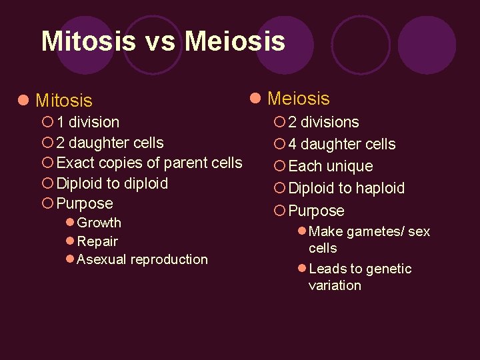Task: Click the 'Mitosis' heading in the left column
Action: point(63,101)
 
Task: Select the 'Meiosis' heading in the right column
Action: point(298,99)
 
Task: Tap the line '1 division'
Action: point(88,122)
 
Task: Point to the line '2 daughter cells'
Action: point(110,143)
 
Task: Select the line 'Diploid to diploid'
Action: point(112,183)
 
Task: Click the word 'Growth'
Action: point(99,223)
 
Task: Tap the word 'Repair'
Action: point(97,241)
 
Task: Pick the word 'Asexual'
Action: point(102,259)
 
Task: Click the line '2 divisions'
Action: point(323,122)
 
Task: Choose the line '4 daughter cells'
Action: point(342,144)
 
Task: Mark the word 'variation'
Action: point(335,285)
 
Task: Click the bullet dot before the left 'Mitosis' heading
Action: point(23,101)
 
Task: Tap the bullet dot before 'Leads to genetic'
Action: point(301,268)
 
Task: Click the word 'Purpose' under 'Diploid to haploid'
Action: point(316,211)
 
